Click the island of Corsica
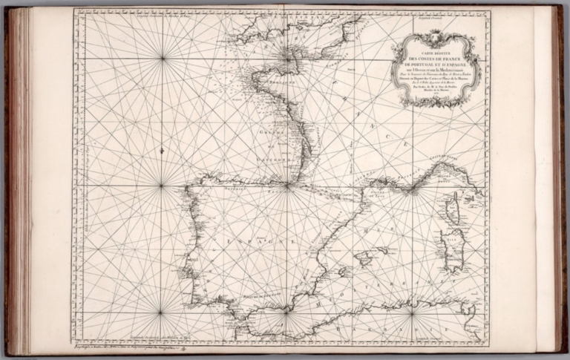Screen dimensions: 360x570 [x=452, y=210]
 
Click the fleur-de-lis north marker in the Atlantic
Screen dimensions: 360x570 [x=161, y=151]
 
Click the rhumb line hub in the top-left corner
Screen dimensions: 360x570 [x=161, y=58]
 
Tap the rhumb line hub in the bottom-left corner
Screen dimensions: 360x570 [x=161, y=312]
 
